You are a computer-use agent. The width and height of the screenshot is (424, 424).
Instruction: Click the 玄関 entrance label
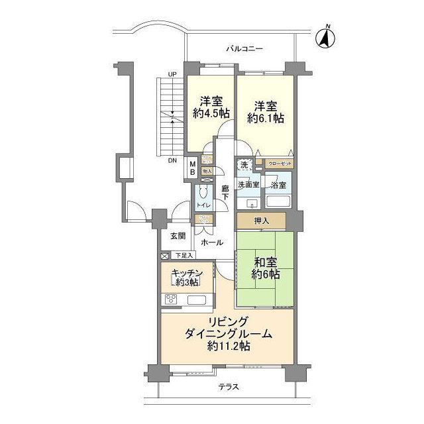[177, 237]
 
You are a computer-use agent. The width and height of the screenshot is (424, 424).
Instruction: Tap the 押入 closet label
[262, 220]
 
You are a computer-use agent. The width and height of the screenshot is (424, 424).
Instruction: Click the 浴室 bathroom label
[278, 185]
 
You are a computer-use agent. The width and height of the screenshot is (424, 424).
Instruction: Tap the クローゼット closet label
[278, 164]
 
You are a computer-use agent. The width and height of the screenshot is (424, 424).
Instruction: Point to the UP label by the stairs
[172, 74]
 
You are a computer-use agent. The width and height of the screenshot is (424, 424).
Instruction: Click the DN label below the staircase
[172, 161]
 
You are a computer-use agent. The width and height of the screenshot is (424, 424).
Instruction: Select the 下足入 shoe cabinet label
[184, 255]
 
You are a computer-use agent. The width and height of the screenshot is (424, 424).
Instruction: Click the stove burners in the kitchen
[170, 299]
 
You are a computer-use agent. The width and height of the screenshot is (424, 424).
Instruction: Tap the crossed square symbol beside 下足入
[164, 255]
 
